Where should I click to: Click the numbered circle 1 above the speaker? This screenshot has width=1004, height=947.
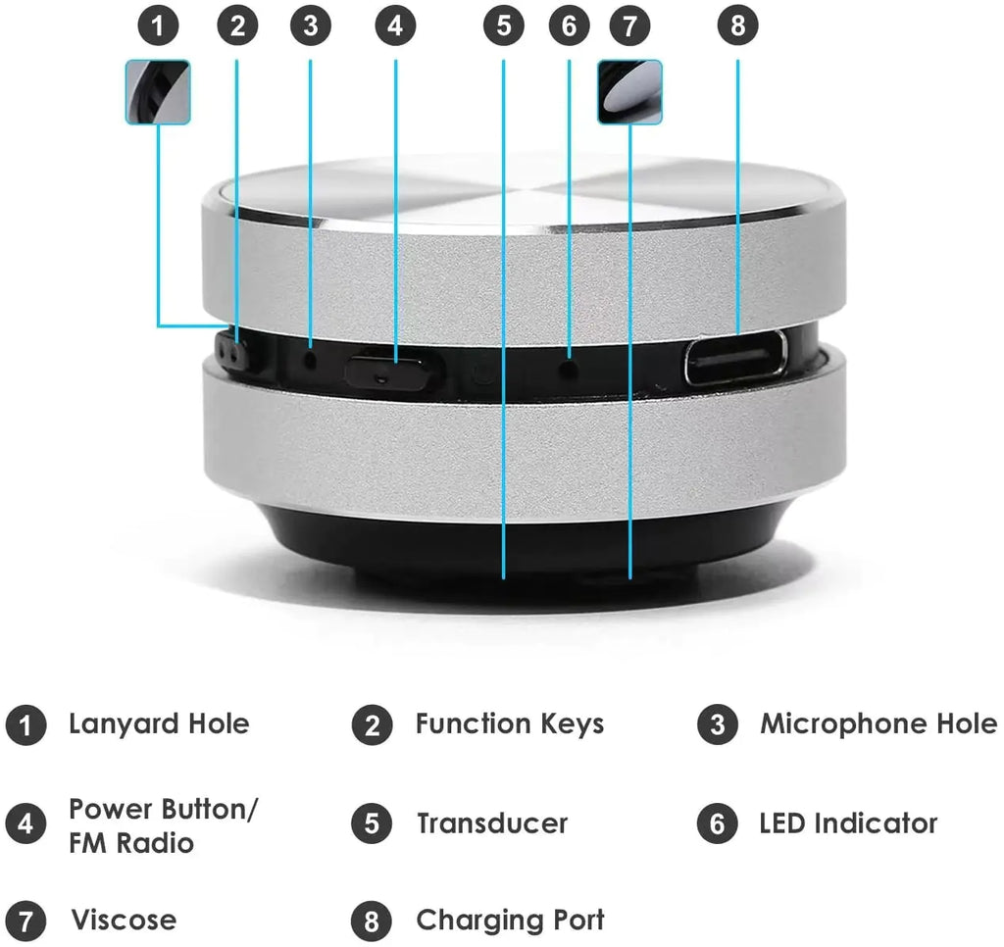159,25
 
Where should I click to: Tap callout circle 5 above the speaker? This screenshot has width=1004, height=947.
503,25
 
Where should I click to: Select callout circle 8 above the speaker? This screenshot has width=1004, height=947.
737,25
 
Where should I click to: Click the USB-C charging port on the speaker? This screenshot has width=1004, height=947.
735,358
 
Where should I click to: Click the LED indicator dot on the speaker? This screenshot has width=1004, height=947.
569,368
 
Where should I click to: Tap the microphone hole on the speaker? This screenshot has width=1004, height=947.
311,359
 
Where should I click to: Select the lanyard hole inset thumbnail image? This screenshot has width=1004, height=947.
158,92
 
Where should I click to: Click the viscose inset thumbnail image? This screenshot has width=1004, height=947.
629,92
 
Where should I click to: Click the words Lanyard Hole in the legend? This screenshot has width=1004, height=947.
159,724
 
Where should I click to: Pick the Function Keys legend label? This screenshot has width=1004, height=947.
509,724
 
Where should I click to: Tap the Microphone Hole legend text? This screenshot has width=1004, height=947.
878,724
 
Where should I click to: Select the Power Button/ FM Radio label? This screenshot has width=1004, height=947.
163,825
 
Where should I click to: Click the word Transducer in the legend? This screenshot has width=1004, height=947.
491,823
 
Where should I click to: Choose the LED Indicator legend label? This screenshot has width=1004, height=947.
848,823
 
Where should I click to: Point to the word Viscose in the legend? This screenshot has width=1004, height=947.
124,921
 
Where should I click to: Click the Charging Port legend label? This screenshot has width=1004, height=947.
510,921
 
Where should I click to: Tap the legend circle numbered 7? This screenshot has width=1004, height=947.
25,922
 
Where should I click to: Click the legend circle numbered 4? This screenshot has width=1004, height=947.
25,824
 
